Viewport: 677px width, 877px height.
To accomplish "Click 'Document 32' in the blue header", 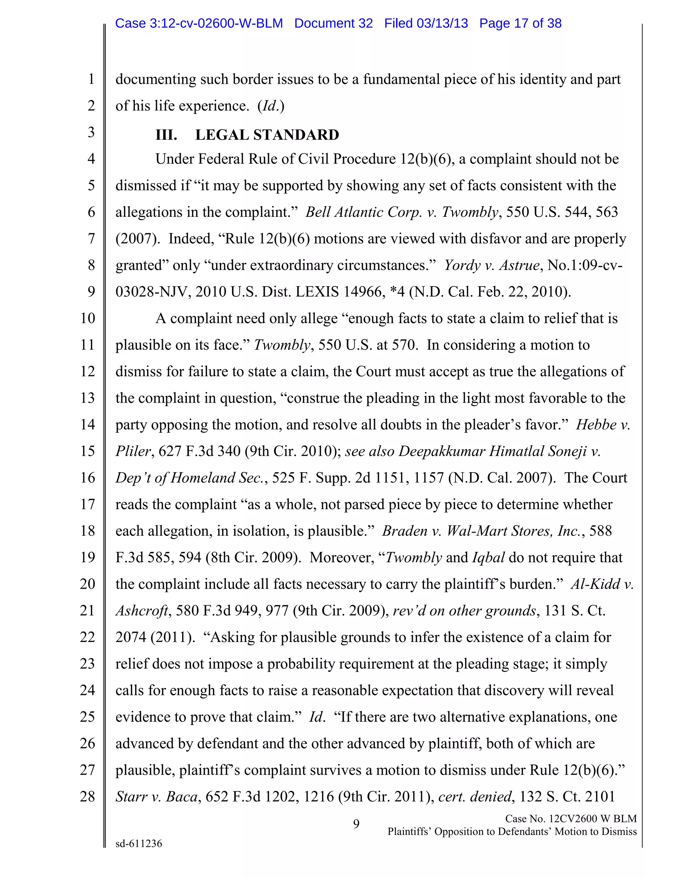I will pyautogui.click(x=333, y=23).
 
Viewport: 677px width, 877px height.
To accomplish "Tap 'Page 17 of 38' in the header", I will pyautogui.click(x=520, y=23).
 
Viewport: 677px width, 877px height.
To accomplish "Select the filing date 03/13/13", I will pyautogui.click(x=442, y=23).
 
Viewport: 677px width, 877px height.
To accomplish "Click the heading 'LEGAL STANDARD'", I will pyautogui.click(x=267, y=135).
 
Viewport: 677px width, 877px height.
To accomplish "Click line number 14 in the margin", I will pyautogui.click(x=87, y=425).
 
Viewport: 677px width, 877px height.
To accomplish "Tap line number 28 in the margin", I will pyautogui.click(x=87, y=796).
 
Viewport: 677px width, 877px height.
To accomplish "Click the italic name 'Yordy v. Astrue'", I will pyautogui.click(x=492, y=265).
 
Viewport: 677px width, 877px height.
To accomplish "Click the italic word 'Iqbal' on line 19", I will pyautogui.click(x=488, y=557).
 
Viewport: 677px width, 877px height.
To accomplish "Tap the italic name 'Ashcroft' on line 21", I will pyautogui.click(x=141, y=611).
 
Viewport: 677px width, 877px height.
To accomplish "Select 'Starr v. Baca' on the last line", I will pyautogui.click(x=156, y=796).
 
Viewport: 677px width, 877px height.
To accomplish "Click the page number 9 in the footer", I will pyautogui.click(x=356, y=824).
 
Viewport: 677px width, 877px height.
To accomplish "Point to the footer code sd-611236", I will pyautogui.click(x=139, y=843).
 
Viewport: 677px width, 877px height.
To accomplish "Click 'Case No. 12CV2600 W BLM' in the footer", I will pyautogui.click(x=570, y=818).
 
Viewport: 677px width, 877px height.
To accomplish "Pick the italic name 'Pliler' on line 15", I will pyautogui.click(x=133, y=451).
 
